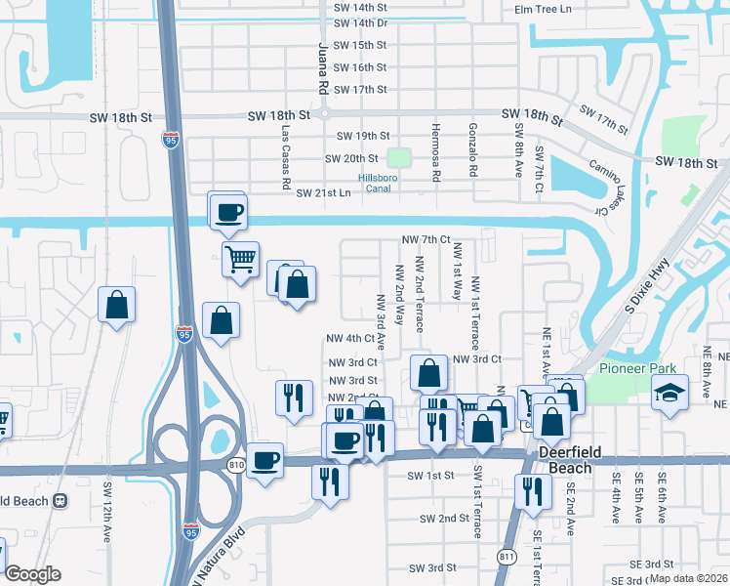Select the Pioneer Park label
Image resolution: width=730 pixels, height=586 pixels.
(x=630, y=368)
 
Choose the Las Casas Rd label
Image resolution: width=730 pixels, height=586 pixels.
(x=286, y=156)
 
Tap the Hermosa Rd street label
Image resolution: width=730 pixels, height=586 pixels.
(x=436, y=152)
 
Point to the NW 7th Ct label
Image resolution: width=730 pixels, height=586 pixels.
(x=426, y=239)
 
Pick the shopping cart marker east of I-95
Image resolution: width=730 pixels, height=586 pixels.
(x=239, y=260)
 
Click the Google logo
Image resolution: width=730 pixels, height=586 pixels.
(x=32, y=574)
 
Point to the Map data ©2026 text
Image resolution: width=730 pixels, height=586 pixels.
(x=688, y=578)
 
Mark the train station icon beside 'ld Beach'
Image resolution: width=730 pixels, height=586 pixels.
(x=61, y=501)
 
